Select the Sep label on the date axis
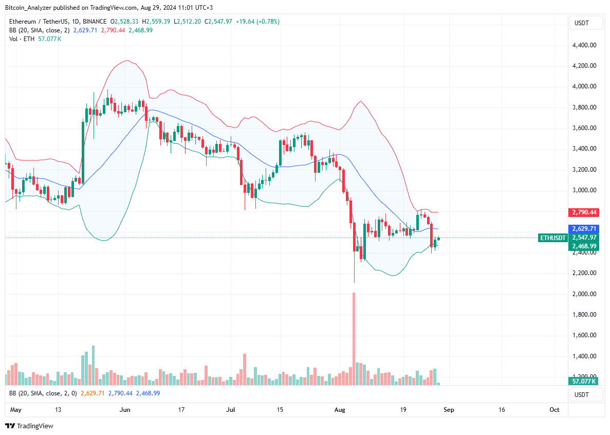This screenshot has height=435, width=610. click(449, 410)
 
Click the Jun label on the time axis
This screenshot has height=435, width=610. click(124, 410)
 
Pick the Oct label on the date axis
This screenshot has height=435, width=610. click(554, 410)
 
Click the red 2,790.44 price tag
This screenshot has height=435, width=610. click(583, 212)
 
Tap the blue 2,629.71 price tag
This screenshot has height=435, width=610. click(583, 228)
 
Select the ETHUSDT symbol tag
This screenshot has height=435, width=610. click(553, 238)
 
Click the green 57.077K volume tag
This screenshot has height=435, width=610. click(583, 381)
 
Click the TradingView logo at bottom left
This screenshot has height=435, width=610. click(29, 426)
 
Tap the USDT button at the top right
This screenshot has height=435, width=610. click(581, 23)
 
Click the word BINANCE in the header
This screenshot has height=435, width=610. click(94, 22)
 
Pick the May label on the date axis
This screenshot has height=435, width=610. click(16, 410)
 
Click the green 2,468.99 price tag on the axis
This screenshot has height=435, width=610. click(583, 246)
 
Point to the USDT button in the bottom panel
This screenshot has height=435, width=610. click(581, 394)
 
